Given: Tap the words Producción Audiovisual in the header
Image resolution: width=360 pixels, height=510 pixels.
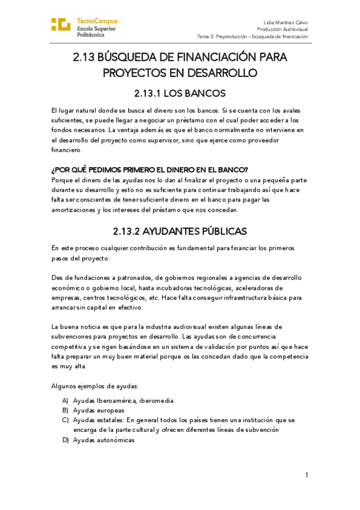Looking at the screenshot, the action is pyautogui.click(x=282, y=28).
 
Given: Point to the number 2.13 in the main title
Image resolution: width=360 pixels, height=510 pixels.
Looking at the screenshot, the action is pyautogui.click(x=85, y=58).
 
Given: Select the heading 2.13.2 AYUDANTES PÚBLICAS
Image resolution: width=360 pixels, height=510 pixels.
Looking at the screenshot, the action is pyautogui.click(x=180, y=231).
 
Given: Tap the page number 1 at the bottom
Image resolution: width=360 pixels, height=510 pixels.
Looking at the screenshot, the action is pyautogui.click(x=307, y=475).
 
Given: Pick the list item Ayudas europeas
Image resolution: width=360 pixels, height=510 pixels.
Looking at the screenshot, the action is pyautogui.click(x=94, y=410).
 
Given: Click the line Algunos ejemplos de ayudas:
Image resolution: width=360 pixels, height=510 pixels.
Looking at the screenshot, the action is pyautogui.click(x=95, y=386).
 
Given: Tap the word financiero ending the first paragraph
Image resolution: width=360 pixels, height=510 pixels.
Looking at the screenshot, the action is pyautogui.click(x=66, y=149).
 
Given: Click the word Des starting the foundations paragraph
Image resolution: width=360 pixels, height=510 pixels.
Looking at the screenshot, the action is pyautogui.click(x=58, y=277).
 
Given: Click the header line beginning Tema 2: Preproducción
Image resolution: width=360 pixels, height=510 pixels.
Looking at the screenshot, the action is pyautogui.click(x=252, y=36).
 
